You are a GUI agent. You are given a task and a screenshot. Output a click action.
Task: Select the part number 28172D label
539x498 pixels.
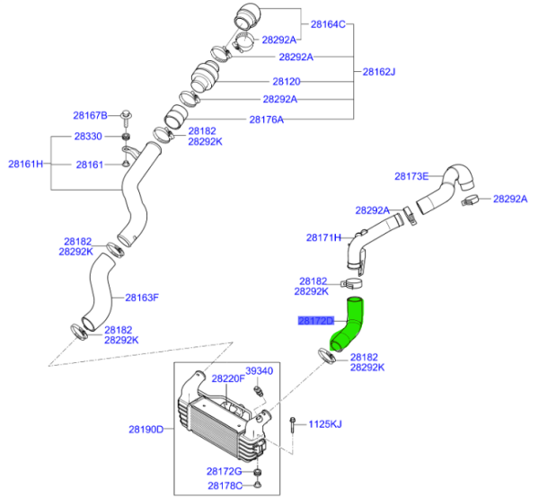(315, 320)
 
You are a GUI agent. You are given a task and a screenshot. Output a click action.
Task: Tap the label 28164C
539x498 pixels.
(329, 24)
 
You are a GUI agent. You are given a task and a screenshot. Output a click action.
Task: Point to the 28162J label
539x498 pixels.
(378, 71)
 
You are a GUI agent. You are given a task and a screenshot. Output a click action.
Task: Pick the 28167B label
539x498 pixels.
(90, 116)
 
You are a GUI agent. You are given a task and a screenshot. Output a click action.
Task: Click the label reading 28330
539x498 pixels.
(88, 136)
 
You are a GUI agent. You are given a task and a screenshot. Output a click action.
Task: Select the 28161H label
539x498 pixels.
(26, 165)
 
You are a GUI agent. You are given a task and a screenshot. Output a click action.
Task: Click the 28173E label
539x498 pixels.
(413, 175)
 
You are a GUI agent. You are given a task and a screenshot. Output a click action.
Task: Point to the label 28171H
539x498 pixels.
(323, 238)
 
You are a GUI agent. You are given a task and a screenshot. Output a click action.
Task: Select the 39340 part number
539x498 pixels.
(260, 370)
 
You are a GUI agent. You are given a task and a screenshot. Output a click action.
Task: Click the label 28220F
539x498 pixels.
(228, 378)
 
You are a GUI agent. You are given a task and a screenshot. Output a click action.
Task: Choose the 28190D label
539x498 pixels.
(146, 430)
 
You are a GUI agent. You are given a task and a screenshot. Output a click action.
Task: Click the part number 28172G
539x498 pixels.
(224, 471)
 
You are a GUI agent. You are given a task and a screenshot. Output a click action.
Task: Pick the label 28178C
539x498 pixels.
(224, 485)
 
